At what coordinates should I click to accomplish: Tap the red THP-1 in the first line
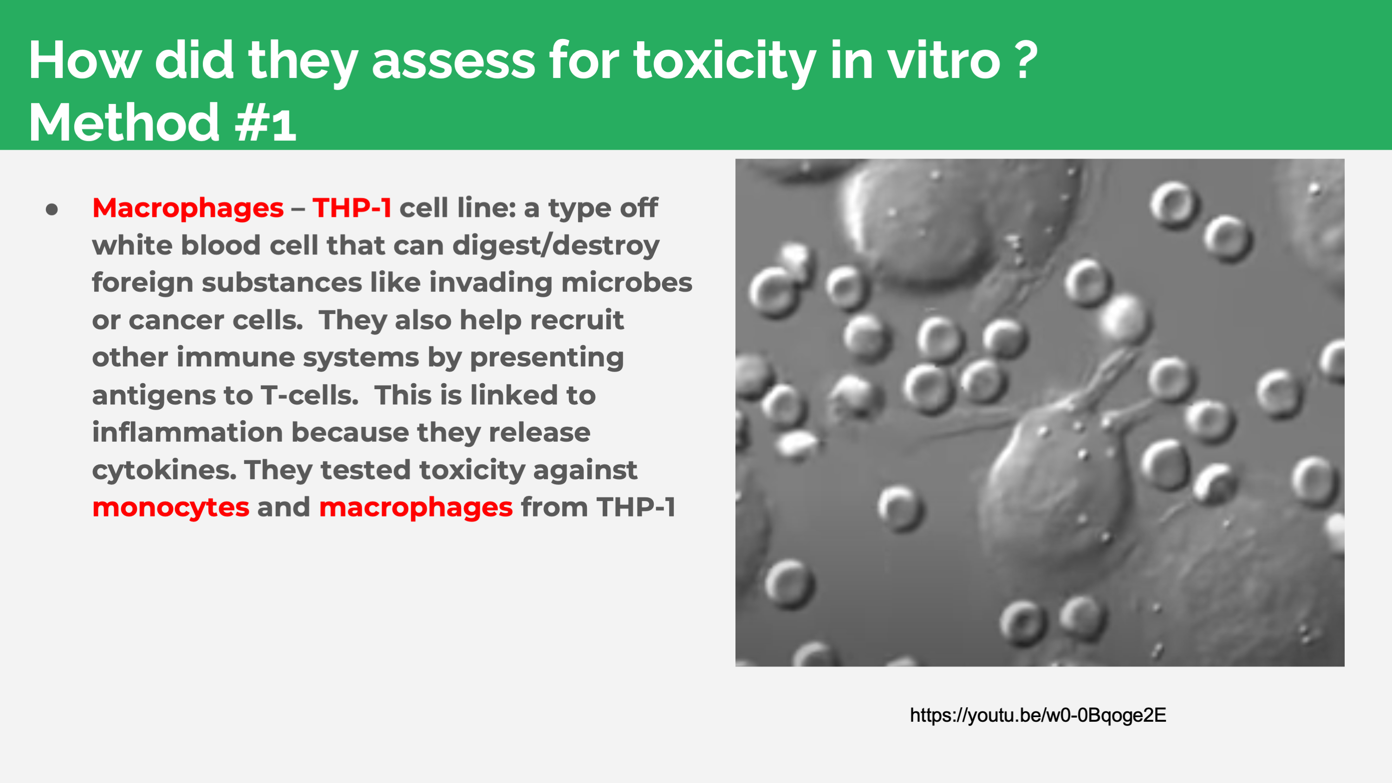click(352, 208)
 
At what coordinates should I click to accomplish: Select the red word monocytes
click(171, 508)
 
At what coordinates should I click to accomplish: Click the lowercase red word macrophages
click(416, 508)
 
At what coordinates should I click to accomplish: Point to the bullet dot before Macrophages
click(52, 209)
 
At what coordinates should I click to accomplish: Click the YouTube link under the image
click(1038, 715)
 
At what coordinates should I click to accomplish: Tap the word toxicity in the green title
click(725, 61)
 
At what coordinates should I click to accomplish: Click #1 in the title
click(265, 123)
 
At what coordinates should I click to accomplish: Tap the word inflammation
click(187, 432)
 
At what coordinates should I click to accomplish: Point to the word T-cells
click(310, 395)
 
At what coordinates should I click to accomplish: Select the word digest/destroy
click(556, 246)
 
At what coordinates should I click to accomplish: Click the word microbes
click(627, 283)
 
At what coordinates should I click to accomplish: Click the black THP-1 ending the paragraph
click(636, 508)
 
